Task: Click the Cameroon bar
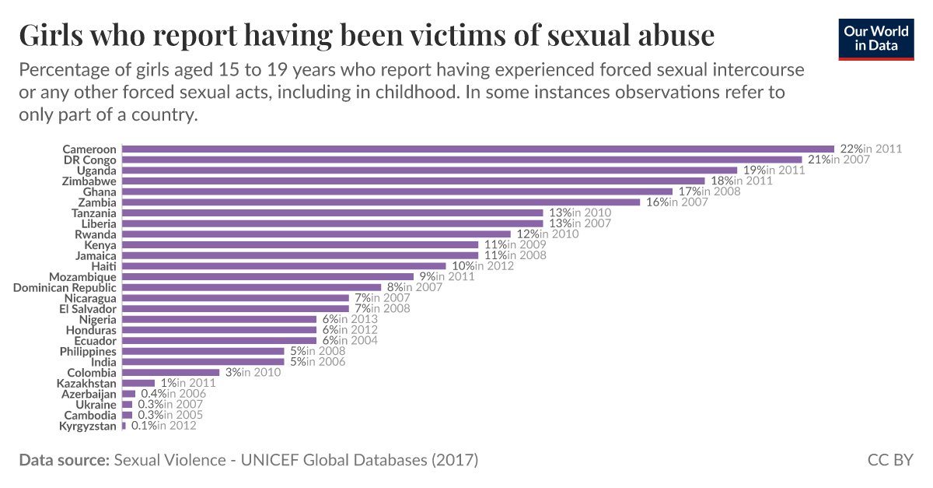(478, 149)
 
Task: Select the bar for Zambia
(381, 202)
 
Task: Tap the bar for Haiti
(285, 266)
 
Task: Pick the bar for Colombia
(171, 373)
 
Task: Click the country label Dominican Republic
(65, 287)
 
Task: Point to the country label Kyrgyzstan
(88, 426)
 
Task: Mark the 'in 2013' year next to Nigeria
(358, 319)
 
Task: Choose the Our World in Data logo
(876, 38)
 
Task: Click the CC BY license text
(890, 460)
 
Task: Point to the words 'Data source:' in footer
(64, 460)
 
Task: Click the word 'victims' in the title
(465, 36)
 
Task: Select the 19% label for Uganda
(751, 170)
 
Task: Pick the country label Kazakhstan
(86, 383)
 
